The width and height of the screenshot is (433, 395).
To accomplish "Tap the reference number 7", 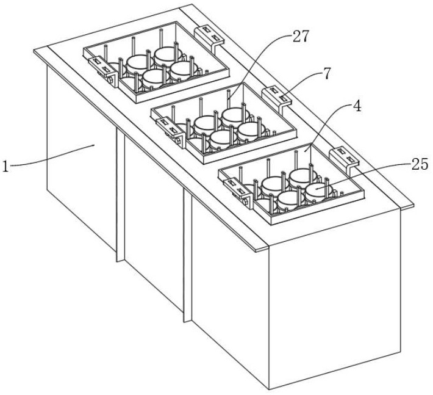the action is (x=326, y=73).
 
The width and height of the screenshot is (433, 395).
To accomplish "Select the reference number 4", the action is (x=357, y=106).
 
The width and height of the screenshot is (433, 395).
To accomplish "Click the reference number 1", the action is (x=5, y=166).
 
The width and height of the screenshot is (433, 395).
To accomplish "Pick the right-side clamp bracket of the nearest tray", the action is (x=344, y=159).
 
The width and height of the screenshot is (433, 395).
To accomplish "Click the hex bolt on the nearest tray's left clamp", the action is (x=246, y=201).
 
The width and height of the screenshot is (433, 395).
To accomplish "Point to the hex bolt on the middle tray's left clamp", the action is (x=179, y=141).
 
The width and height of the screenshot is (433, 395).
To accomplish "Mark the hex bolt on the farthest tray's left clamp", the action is (x=111, y=80).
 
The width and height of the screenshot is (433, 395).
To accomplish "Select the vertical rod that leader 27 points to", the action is (x=229, y=98).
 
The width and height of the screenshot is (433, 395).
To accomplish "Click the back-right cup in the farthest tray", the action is (x=166, y=57).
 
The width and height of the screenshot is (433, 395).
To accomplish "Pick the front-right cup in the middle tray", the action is (x=248, y=132).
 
